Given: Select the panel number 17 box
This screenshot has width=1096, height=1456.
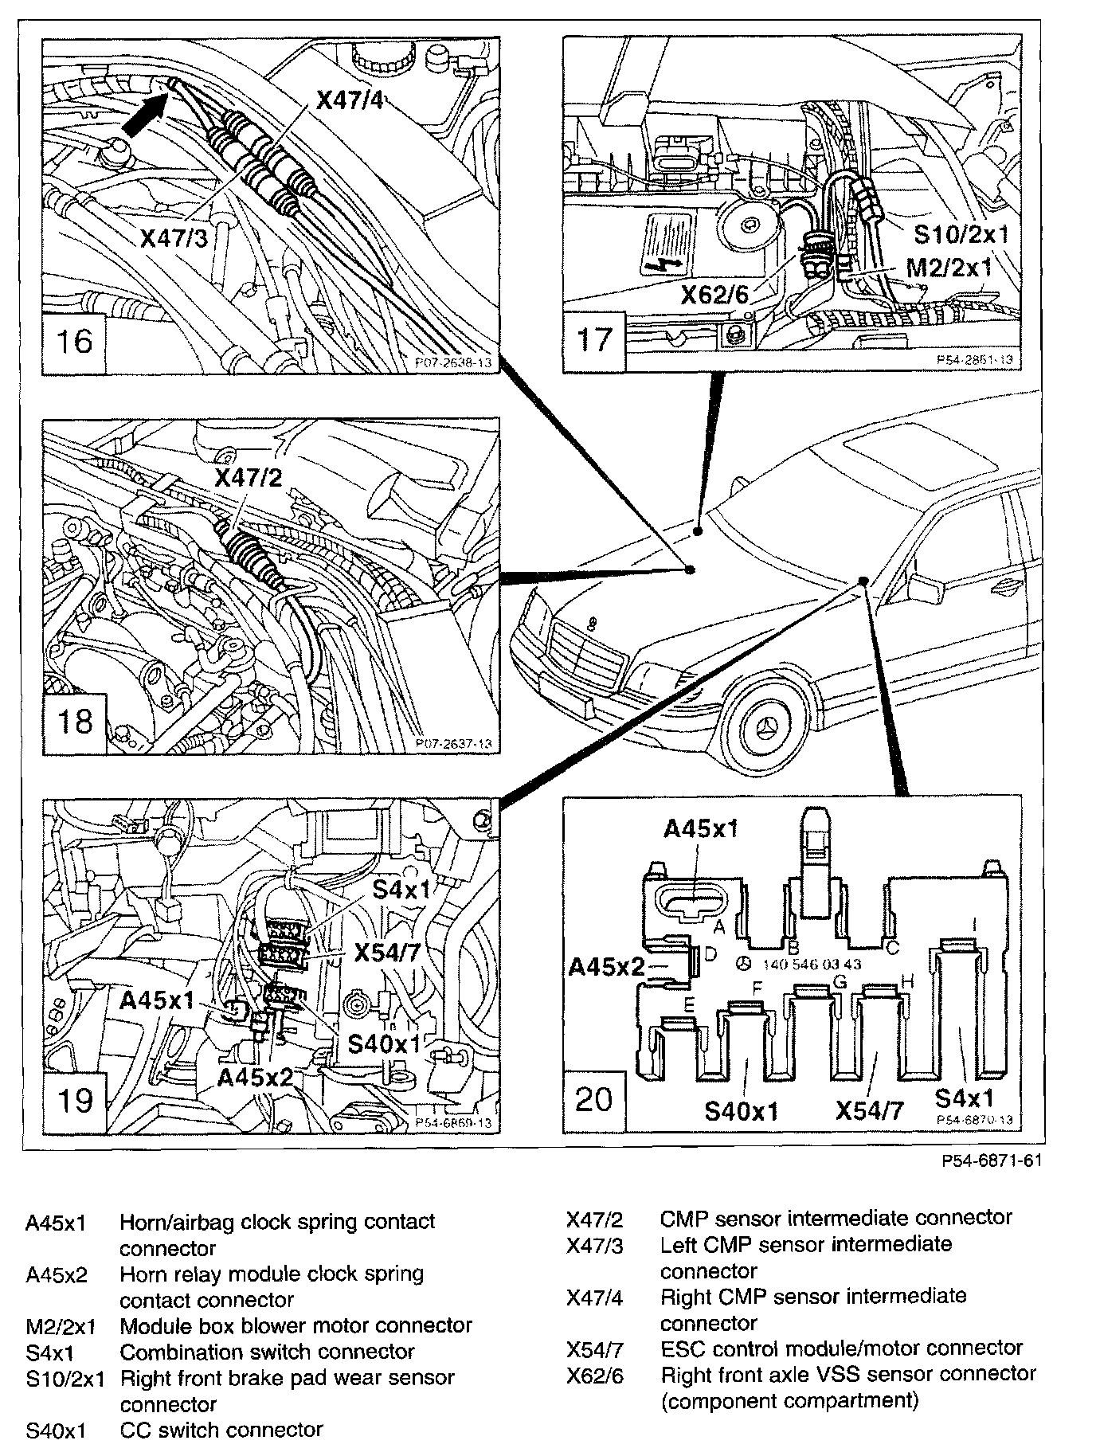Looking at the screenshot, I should [594, 340].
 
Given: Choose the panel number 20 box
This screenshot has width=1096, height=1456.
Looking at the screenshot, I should [594, 1100].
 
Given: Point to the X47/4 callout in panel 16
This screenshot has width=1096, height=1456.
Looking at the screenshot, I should [350, 100].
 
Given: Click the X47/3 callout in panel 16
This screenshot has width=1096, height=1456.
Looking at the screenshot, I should [174, 237].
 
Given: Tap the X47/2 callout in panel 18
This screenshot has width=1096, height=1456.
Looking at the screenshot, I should [248, 477].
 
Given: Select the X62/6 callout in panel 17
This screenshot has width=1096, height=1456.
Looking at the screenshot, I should [714, 295].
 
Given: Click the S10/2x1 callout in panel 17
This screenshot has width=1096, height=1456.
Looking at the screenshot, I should [961, 233].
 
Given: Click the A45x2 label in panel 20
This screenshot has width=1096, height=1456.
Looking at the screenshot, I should [606, 966].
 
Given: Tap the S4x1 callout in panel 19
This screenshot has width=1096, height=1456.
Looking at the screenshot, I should [401, 889].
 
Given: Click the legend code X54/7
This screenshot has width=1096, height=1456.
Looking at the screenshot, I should [594, 1348].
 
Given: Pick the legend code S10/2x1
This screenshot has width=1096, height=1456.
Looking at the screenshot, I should [65, 1379].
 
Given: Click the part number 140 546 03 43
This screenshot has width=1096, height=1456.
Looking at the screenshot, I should [812, 964].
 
